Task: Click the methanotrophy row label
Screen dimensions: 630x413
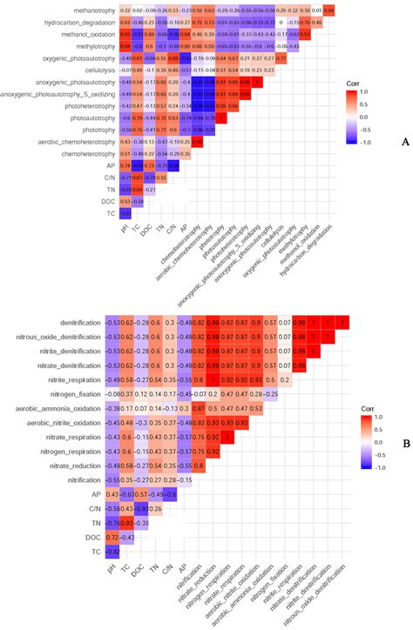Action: [89, 9]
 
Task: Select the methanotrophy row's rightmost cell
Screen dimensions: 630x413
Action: [328, 9]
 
